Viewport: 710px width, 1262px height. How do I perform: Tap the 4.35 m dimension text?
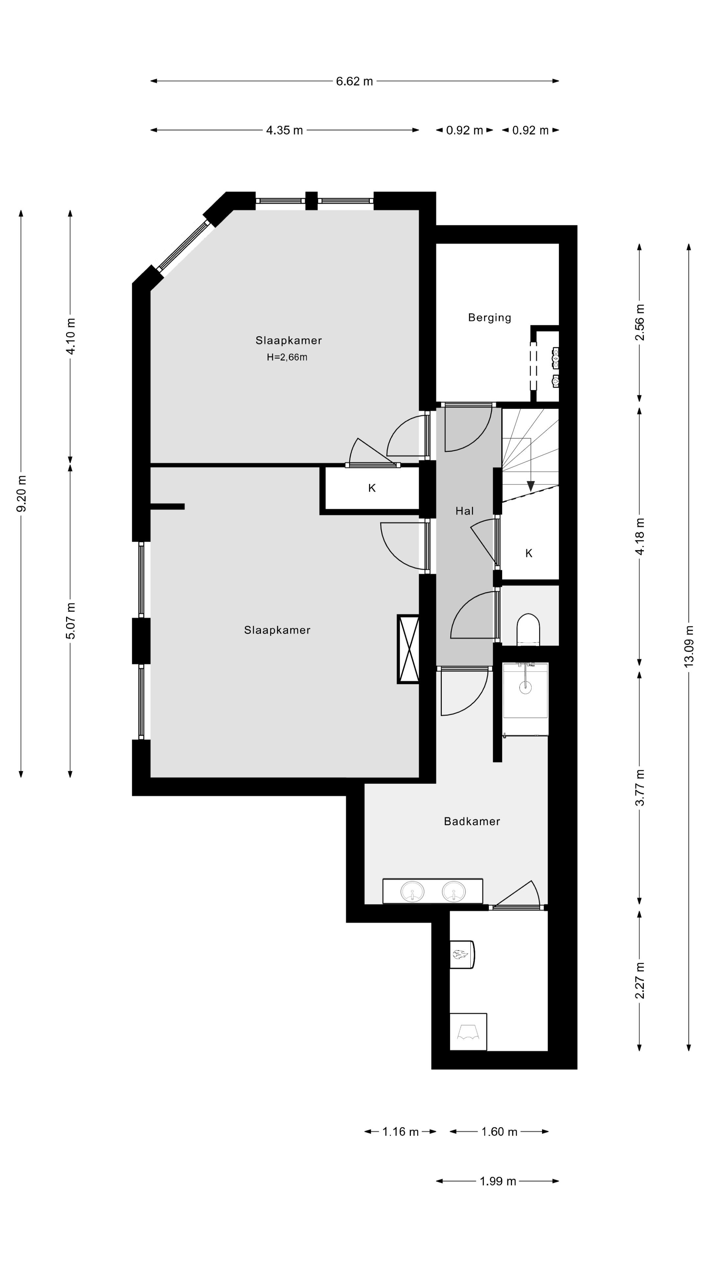(284, 130)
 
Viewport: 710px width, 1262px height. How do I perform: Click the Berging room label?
(489, 317)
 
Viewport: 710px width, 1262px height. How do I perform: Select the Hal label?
(464, 511)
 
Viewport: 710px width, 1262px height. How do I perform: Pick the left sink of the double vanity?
(413, 892)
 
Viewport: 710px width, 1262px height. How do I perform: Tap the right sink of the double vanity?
(453, 892)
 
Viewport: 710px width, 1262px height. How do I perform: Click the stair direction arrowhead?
(530, 486)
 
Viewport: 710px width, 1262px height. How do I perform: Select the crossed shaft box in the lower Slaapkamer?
(408, 649)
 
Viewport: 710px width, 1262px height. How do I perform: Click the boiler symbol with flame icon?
(461, 954)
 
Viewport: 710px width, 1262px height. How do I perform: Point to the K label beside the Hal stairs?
(528, 553)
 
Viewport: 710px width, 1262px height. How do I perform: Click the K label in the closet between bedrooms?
(371, 488)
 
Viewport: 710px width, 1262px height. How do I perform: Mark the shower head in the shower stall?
(525, 687)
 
